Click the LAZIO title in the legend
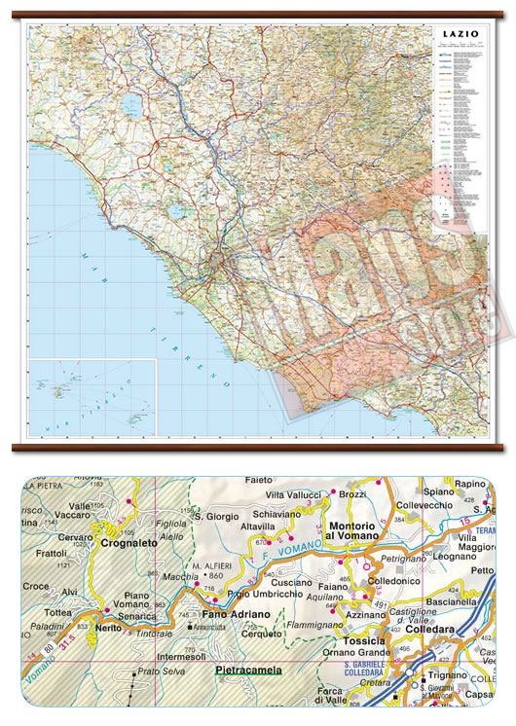(460, 34)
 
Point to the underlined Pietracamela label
(243, 671)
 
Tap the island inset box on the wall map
(93, 397)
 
